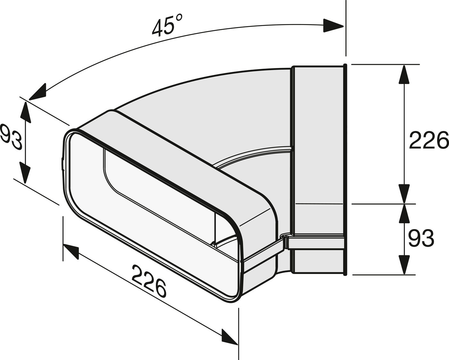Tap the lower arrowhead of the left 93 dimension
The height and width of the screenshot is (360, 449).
pos(25,173)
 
